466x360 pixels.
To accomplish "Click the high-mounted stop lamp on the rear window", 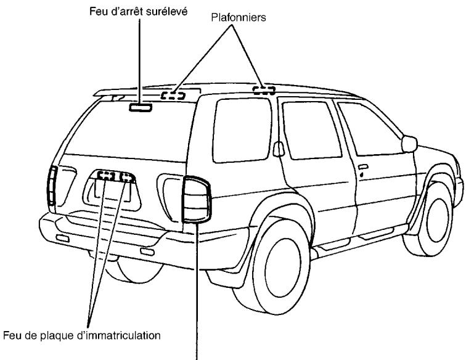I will (140, 108).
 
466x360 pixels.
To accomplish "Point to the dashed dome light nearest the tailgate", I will (173, 95).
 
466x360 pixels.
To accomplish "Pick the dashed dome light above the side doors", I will (263, 90).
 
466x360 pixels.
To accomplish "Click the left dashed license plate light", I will (106, 176).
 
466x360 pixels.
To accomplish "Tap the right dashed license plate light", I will (126, 178).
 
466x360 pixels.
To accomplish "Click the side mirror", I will (409, 144).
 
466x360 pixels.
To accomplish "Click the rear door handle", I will (363, 167).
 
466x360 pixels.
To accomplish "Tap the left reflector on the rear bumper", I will (62, 238).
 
